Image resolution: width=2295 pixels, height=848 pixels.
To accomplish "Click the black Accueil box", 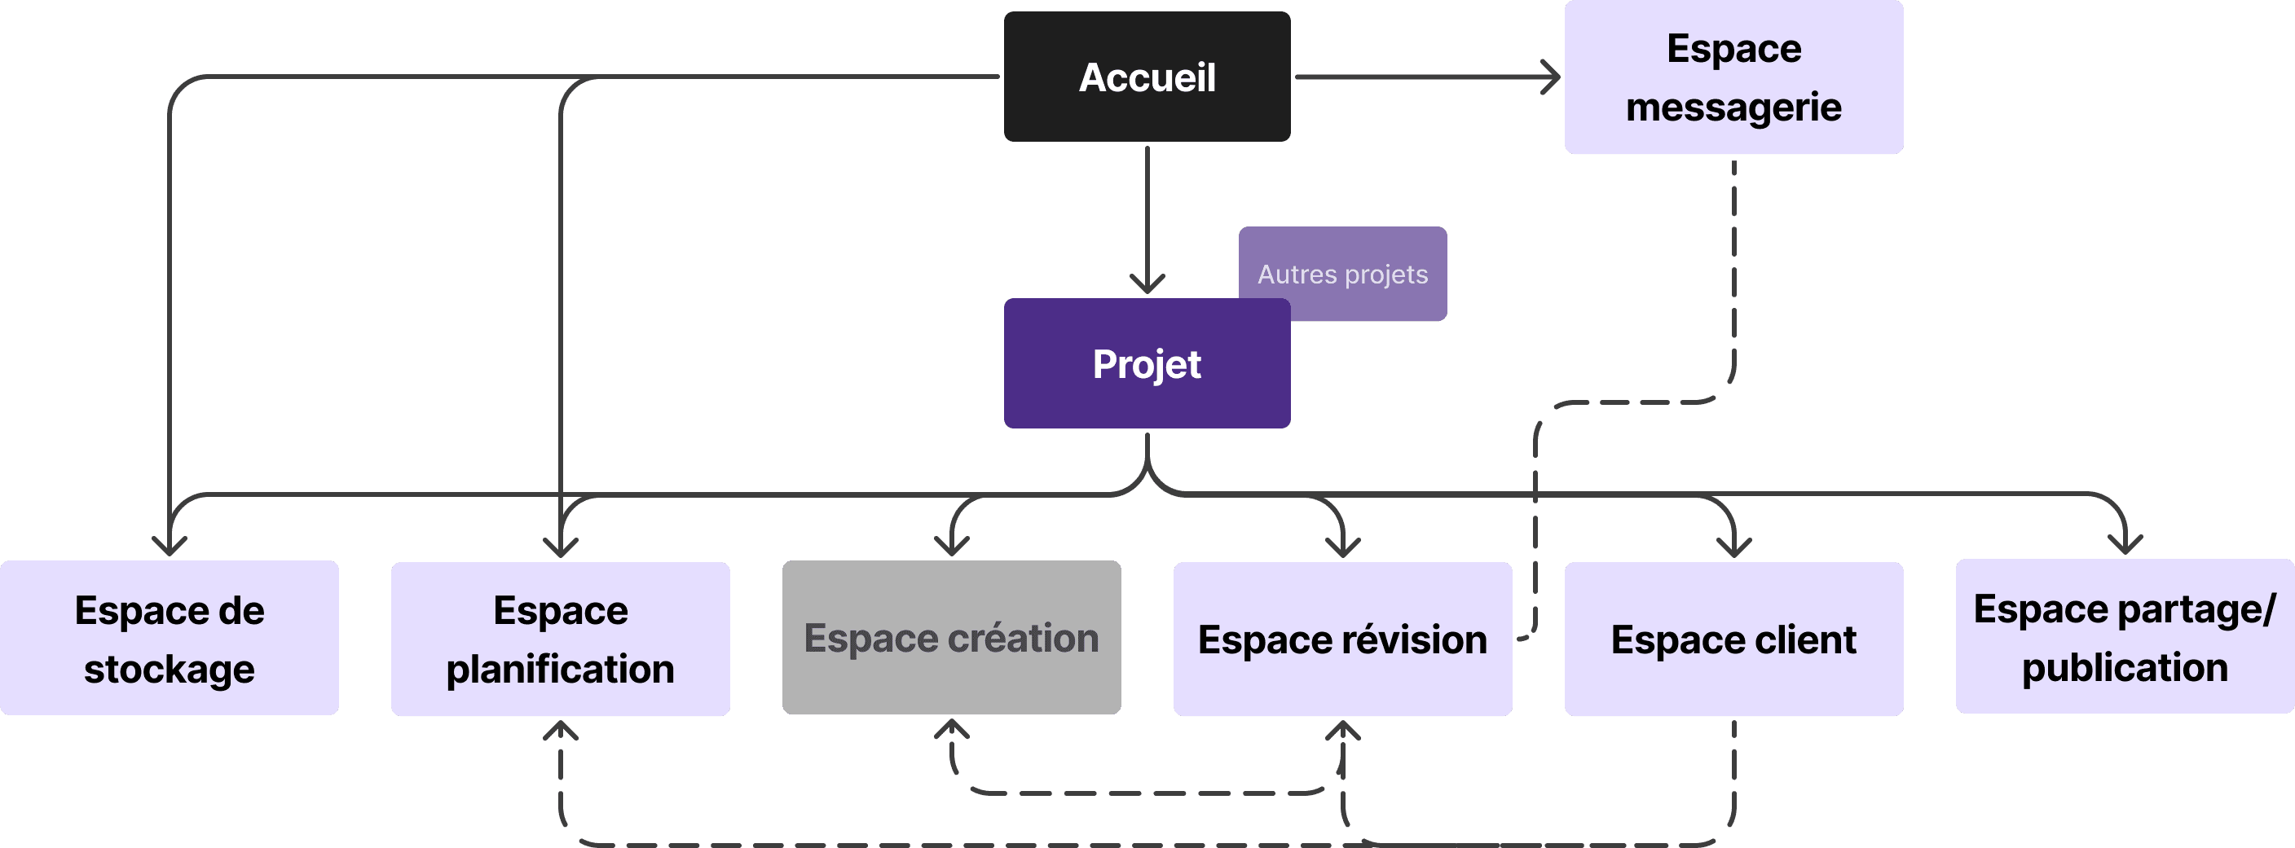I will pos(1147,77).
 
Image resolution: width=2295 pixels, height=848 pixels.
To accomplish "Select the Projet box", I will pos(1147,364).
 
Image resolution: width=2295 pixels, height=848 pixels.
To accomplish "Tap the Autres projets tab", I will pos(1342,274).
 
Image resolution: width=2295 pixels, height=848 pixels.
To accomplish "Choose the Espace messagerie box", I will pos(1733,77).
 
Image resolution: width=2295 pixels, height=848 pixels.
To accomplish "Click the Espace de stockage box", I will pos(170,638).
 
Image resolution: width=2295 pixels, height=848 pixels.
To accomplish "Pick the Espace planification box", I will pos(561,639).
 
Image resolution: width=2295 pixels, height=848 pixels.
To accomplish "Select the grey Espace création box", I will pos(952,638).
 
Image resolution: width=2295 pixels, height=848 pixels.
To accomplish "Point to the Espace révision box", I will pos(1342,639).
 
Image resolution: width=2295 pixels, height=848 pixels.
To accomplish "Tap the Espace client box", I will pos(1733,639).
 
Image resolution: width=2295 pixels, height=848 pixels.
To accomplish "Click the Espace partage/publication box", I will pos(2125,637).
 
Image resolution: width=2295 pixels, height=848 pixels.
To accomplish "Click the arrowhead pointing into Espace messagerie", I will pos(1552,77).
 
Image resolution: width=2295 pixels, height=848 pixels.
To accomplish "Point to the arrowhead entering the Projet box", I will pos(1147,285).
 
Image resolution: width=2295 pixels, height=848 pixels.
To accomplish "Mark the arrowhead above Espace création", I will pos(952,546).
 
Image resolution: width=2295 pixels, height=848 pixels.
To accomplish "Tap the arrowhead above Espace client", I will pos(1733,547).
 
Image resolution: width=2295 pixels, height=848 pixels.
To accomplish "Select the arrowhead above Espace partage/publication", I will pos(2125,544).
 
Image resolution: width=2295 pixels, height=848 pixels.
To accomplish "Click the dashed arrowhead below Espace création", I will pos(952,728).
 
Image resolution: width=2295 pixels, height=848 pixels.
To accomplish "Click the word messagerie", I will pos(1733,107).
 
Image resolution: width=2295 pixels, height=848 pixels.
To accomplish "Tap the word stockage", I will pos(170,669).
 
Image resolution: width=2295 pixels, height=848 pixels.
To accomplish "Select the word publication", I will pos(2125,667).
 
